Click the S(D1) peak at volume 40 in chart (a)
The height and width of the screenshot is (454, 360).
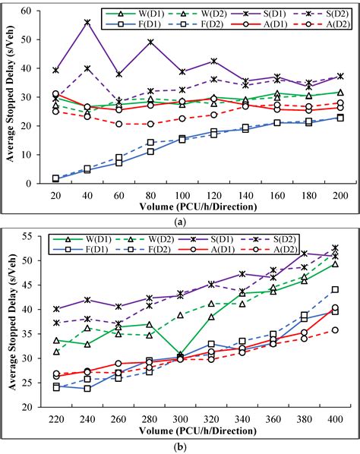click(x=87, y=23)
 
